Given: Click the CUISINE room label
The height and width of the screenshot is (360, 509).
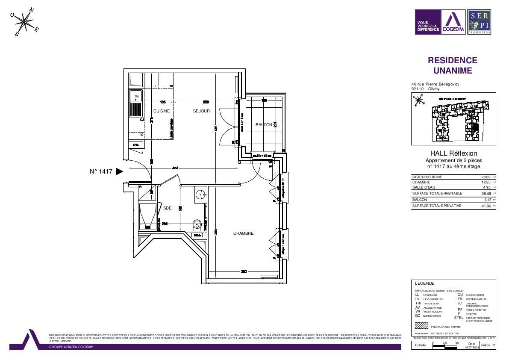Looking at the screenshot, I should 162,111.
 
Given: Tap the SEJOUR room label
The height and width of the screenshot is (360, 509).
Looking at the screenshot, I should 201,111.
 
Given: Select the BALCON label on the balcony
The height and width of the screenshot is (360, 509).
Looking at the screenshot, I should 264,125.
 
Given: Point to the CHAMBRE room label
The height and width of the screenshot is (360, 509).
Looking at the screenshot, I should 243,233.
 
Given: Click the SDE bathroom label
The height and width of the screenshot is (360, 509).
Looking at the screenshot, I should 167,208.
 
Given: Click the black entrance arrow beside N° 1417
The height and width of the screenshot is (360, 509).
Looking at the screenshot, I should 120,171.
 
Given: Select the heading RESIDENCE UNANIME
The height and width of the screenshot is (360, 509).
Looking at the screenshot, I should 453,65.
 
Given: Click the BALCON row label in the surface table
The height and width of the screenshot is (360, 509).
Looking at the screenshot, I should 419,200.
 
